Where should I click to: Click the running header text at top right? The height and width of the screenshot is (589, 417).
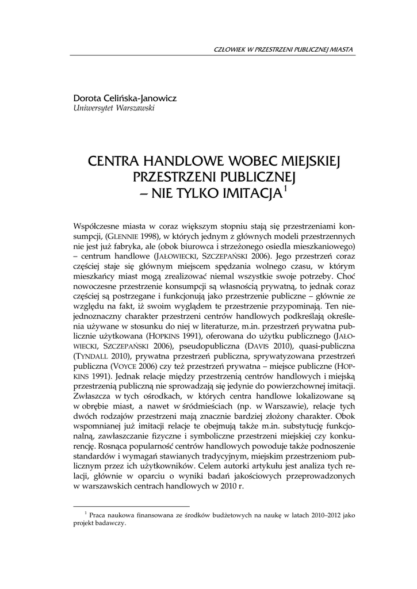tap(283, 49)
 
